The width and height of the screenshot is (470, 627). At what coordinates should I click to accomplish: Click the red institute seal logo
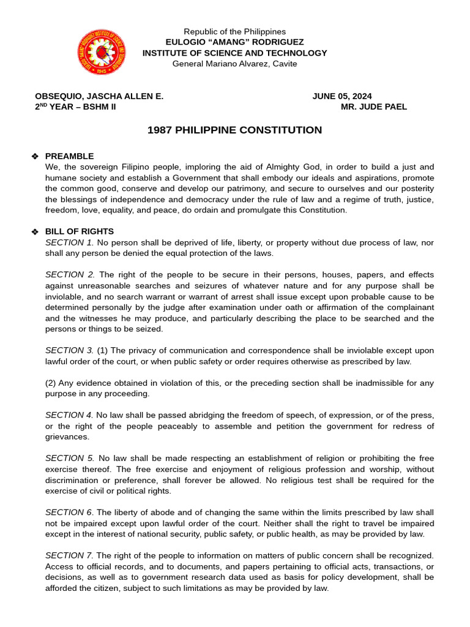tap(102, 53)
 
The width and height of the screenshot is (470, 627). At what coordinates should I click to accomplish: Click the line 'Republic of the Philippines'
tap(235, 32)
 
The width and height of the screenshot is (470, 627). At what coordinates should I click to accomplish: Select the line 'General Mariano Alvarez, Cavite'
tap(235, 64)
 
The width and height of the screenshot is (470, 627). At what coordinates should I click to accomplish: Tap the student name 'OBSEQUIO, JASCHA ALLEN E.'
tap(99, 96)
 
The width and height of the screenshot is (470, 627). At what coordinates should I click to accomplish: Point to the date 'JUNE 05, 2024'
tap(342, 96)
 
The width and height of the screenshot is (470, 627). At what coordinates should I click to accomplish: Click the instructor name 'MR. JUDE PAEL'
tap(374, 107)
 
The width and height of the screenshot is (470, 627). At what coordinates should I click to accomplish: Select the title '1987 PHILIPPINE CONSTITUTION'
tap(235, 130)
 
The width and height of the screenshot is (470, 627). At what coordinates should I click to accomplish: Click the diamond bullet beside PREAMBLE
tap(35, 157)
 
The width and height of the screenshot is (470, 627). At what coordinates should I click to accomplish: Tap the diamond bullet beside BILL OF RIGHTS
tap(35, 232)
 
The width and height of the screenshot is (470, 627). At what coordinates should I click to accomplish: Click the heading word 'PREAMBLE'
tap(70, 156)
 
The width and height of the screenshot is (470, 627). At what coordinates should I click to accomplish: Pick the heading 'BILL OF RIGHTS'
tap(80, 231)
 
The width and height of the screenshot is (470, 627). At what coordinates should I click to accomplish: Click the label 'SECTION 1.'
tap(69, 242)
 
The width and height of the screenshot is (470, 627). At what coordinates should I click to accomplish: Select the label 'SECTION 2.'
tap(70, 275)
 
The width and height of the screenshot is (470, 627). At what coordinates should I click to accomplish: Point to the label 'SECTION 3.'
tap(69, 350)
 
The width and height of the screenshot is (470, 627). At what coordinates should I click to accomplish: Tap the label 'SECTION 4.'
tap(69, 415)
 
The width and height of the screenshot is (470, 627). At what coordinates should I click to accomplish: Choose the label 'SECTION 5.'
tap(70, 458)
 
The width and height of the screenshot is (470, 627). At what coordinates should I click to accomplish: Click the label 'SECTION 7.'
tap(69, 555)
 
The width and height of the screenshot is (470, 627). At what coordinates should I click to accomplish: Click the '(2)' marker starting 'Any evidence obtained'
tap(51, 383)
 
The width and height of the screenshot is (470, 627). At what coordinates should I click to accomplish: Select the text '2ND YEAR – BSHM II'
tap(75, 107)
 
